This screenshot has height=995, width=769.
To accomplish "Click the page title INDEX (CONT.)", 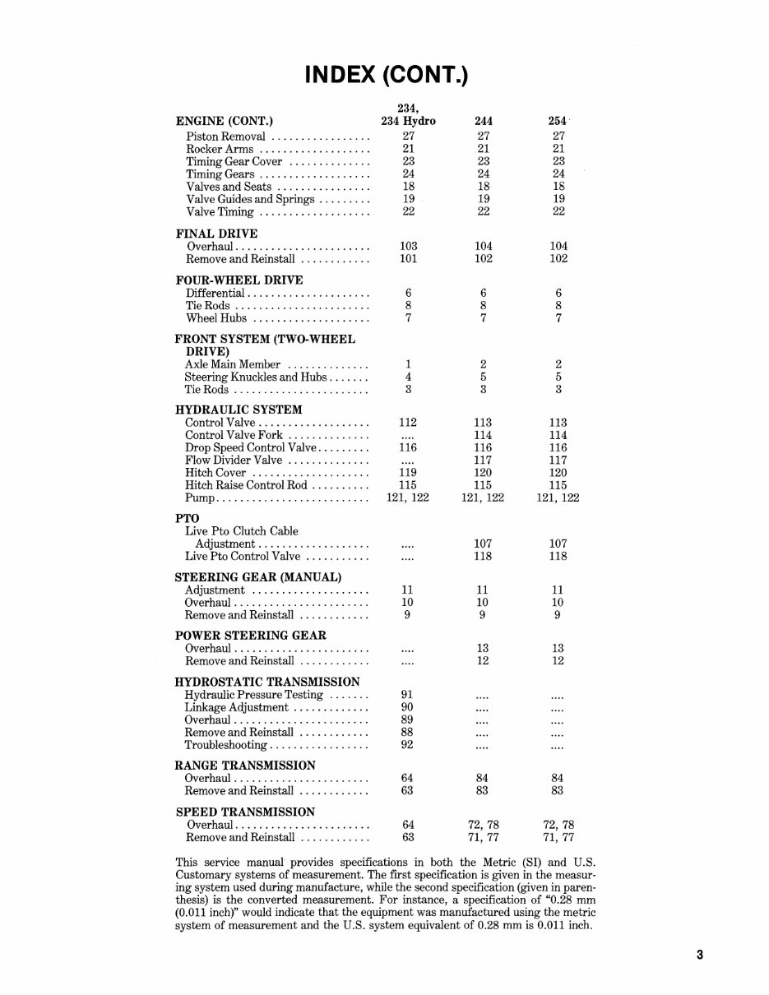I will coord(386,76).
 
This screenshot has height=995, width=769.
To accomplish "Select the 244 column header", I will coord(483,121).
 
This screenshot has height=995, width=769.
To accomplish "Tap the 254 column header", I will coord(558,121).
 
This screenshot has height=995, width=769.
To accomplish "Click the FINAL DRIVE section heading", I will coord(216,234).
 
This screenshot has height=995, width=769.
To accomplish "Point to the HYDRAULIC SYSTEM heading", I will coord(239,410).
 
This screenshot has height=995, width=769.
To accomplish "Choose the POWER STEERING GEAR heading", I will coord(250,636).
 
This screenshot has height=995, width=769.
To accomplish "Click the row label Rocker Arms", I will coord(220,149).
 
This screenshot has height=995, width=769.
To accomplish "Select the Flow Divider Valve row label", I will coord(234,460).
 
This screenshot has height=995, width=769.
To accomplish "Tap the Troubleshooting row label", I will coord(226,745).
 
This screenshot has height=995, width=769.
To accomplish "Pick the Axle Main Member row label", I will coord(233,364).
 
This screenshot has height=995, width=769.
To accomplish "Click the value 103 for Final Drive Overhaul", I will coord(408,246).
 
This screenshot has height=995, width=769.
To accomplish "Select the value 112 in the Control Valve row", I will coord(408,423).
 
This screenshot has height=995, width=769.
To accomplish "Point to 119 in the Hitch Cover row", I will coord(408,473).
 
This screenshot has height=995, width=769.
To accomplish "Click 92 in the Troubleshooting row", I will coord(407,745).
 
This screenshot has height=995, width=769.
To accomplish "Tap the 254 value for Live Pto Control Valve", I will coord(558,557).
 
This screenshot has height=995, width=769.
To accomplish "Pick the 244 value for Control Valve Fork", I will coord(483,435).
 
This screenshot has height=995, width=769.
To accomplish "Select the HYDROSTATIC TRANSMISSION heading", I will coord(267,682).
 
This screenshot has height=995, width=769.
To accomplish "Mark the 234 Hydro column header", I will coord(408,121).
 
